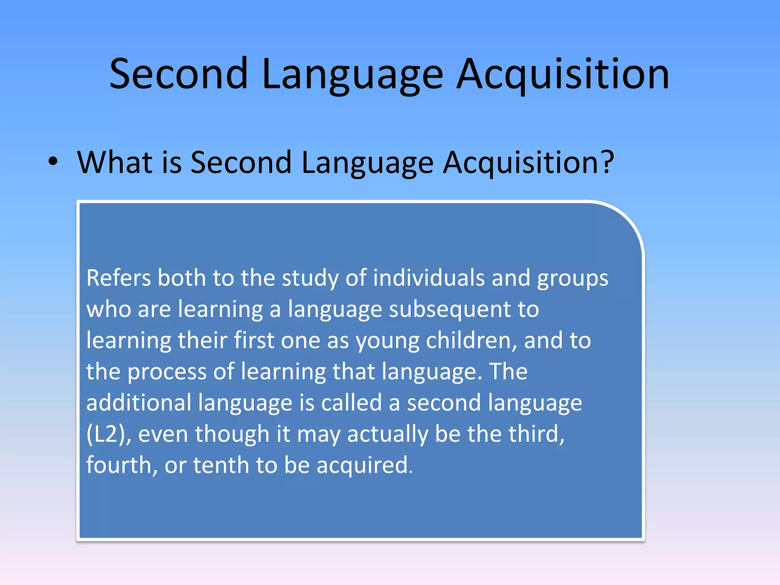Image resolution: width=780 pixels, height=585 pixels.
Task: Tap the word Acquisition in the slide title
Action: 563,74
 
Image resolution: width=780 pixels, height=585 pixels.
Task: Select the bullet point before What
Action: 53,161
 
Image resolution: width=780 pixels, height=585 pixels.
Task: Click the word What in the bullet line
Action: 115,162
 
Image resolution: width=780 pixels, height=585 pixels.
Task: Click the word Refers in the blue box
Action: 118,278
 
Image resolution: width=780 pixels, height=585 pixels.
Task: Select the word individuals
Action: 428,278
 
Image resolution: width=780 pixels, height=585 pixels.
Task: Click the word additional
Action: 139,403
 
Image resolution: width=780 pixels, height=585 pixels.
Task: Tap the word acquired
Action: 364,466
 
